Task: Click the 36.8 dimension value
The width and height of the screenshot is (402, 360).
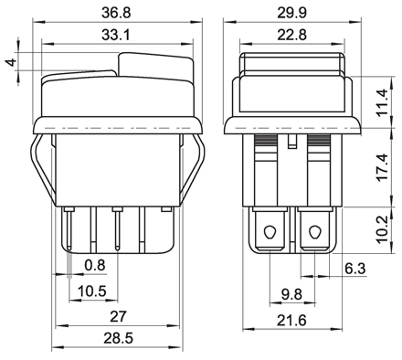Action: click(116, 13)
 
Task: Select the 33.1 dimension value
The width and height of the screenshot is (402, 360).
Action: click(116, 35)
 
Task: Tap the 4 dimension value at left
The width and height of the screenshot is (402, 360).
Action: click(12, 62)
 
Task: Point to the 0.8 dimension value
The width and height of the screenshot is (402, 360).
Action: click(95, 265)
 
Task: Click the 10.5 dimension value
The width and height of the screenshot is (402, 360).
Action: click(92, 291)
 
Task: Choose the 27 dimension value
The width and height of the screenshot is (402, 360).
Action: click(117, 317)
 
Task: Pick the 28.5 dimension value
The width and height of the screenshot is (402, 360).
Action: click(119, 338)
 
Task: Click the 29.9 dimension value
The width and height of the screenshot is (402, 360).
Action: click(291, 13)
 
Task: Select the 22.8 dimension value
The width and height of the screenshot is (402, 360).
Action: click(291, 35)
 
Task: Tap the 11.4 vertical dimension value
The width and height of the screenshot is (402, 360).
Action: click(382, 102)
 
